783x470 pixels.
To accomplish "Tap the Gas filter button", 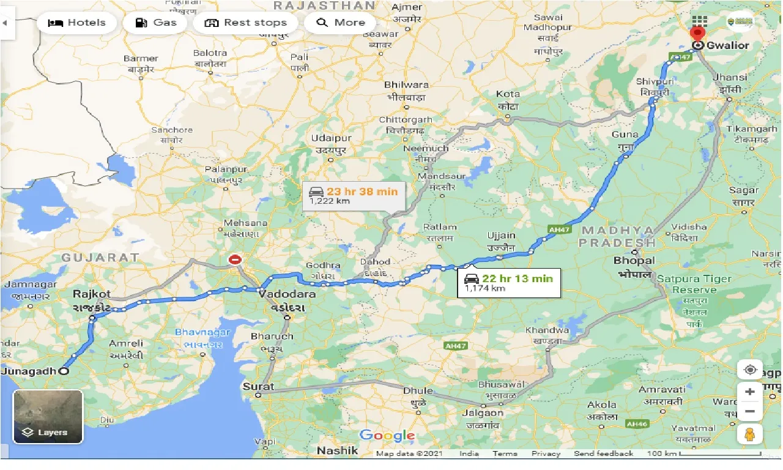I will tap(155, 23).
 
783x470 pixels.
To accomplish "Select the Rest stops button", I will tap(245, 23).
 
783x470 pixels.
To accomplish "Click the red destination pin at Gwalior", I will tap(697, 34).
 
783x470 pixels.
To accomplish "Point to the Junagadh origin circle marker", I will tap(64, 370).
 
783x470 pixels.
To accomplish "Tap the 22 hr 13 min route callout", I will tap(509, 282).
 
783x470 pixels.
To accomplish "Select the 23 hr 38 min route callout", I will tap(354, 195).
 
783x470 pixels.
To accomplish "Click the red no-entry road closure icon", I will tap(235, 259).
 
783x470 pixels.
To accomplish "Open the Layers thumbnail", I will tap(48, 416).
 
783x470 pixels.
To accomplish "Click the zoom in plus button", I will tap(750, 391).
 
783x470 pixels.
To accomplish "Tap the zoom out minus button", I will tap(750, 411).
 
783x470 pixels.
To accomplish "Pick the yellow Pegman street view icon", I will tap(750, 434).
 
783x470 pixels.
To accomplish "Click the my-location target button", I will tap(750, 370).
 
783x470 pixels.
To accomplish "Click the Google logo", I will tap(387, 436).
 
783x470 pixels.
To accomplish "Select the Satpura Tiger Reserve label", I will tap(694, 284).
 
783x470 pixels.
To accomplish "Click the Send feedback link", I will tap(603, 453).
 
